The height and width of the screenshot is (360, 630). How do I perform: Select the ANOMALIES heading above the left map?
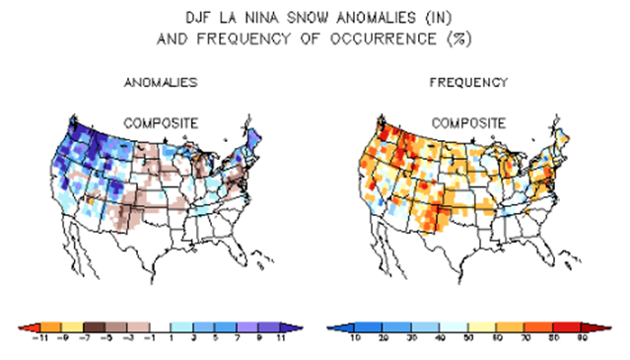click(x=161, y=83)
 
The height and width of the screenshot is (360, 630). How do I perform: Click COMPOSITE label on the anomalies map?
click(x=160, y=122)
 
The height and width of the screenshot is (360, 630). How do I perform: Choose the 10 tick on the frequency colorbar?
click(x=355, y=337)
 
